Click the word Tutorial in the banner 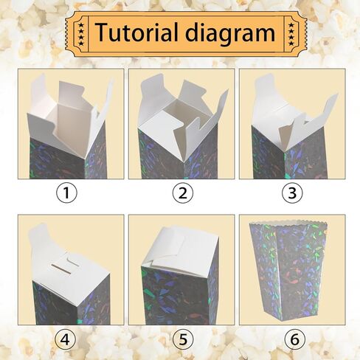point(139,33)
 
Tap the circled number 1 point(67,194)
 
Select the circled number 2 point(181,194)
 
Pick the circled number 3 point(293,194)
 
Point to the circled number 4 point(67,340)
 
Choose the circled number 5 point(181,340)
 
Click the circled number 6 point(293,340)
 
